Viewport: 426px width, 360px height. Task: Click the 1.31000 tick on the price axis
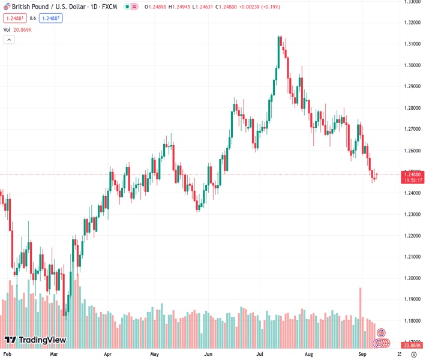pyautogui.click(x=412, y=44)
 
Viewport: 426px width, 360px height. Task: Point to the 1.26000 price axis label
pyautogui.click(x=412, y=151)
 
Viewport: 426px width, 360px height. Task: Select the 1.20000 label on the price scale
pyautogui.click(x=412, y=278)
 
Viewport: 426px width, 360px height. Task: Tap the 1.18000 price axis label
pyautogui.click(x=412, y=321)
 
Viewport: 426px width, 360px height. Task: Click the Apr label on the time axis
pyautogui.click(x=108, y=355)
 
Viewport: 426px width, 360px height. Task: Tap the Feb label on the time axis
pyautogui.click(x=8, y=355)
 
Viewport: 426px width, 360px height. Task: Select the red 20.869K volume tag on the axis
pyautogui.click(x=412, y=345)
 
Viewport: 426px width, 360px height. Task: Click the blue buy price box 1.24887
pyautogui.click(x=51, y=18)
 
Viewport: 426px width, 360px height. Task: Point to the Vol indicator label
pyautogui.click(x=7, y=29)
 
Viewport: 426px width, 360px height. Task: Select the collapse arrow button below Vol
pyautogui.click(x=9, y=40)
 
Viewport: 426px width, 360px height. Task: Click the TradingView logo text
pyautogui.click(x=41, y=340)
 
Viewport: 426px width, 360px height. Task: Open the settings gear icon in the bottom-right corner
pyautogui.click(x=412, y=355)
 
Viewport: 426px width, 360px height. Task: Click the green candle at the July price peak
pyautogui.click(x=279, y=51)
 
